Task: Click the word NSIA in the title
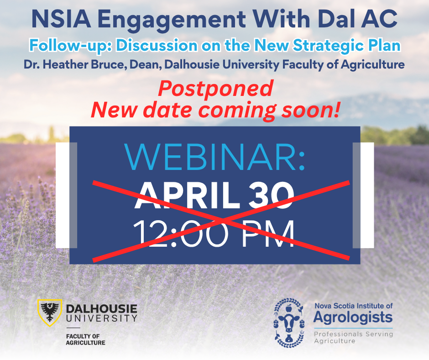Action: (61, 19)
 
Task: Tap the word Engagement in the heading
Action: (172, 20)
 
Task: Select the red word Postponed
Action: (215, 89)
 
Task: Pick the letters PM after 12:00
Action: (268, 233)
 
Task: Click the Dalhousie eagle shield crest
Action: (50, 312)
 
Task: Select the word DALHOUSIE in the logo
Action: (101, 309)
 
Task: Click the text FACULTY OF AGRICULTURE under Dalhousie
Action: (86, 339)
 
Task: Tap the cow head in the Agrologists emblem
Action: (289, 323)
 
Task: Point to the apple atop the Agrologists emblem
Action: (288, 308)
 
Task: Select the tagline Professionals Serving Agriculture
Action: (354, 338)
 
